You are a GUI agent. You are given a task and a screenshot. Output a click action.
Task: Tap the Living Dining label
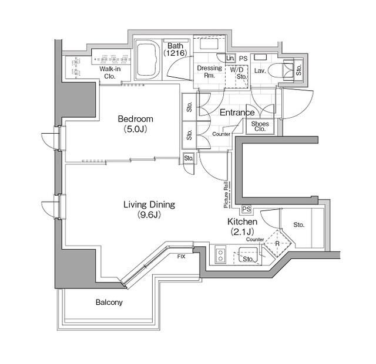[149, 205]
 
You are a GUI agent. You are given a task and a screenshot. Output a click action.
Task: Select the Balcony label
[109, 302]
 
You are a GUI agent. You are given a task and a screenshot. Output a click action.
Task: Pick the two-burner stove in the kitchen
[220, 255]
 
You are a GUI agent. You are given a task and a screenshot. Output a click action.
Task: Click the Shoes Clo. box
[260, 126]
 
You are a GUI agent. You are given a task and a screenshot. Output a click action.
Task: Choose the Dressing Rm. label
[209, 72]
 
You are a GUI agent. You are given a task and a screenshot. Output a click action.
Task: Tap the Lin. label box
[230, 59]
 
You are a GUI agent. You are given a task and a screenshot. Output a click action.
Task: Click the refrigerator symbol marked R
[276, 242]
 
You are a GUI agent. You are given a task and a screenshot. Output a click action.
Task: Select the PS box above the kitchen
[246, 209]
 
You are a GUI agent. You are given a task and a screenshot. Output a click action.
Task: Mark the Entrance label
[237, 113]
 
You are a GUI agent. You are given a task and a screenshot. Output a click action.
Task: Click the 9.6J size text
[149, 215]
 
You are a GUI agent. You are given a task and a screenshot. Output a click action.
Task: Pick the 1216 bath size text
[175, 53]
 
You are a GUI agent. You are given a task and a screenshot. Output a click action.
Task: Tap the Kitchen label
[242, 222]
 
